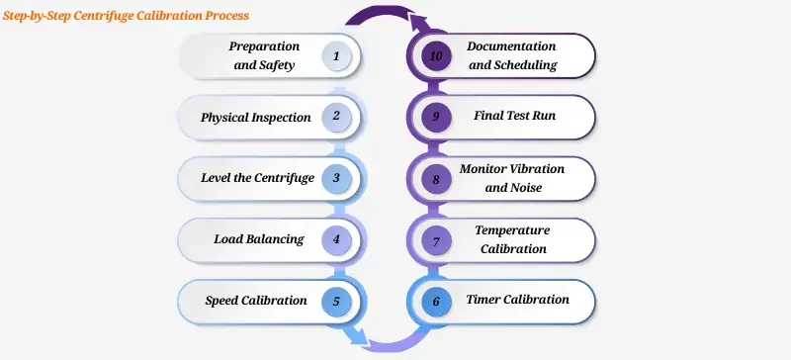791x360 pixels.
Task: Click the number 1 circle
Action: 336,56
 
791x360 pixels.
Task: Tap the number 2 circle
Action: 336,118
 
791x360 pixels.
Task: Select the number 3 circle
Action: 336,179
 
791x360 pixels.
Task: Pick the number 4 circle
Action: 336,239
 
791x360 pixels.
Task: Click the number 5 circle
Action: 336,301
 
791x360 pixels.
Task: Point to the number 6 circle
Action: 436,301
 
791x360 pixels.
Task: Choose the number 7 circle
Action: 436,239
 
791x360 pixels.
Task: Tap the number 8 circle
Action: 436,179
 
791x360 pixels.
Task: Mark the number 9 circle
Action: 436,118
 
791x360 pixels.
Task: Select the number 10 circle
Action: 436,56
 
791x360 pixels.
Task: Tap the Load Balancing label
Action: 258,239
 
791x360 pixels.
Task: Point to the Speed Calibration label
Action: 256,301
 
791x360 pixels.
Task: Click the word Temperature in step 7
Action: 512,230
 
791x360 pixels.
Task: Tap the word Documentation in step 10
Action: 511,47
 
